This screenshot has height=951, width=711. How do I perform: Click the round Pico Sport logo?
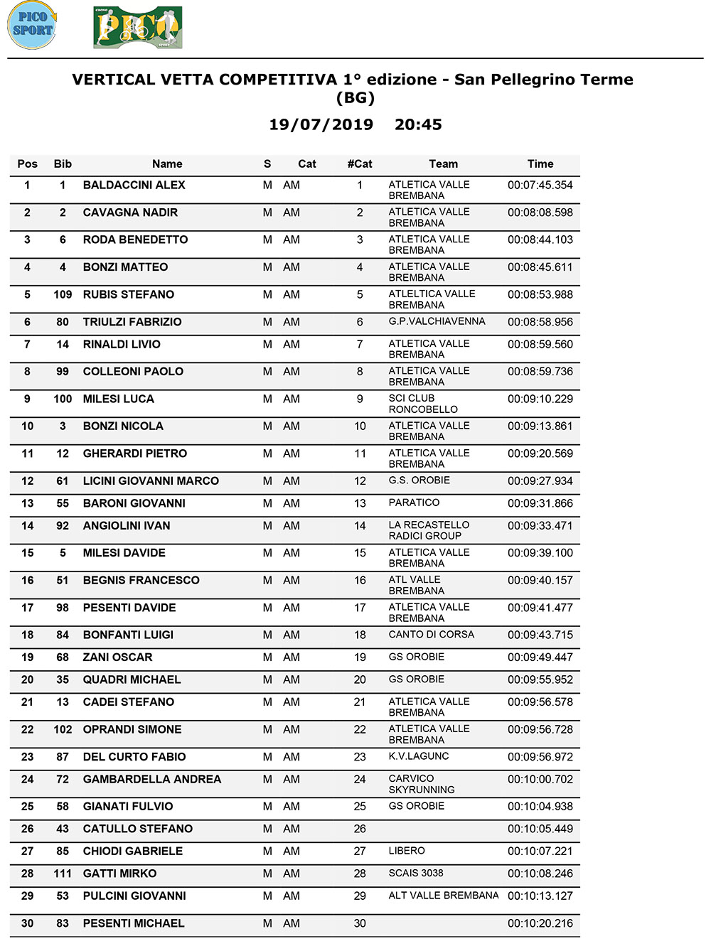[32, 26]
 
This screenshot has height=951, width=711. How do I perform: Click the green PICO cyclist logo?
[138, 28]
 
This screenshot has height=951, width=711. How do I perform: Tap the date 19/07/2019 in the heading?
[321, 124]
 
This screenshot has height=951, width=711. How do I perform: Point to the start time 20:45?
[418, 124]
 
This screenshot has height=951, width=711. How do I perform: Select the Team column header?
[443, 164]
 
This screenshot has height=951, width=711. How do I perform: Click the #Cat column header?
[360, 164]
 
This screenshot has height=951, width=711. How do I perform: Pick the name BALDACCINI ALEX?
[134, 185]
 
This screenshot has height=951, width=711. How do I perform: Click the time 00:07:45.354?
[540, 185]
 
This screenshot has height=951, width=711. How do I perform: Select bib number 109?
[63, 294]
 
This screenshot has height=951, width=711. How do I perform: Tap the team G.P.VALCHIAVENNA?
[437, 321]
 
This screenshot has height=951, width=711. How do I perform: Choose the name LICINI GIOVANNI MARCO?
[151, 481]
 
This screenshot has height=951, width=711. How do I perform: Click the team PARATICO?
[414, 503]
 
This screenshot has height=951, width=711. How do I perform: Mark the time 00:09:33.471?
[540, 526]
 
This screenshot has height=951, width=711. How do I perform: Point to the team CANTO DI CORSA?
[431, 634]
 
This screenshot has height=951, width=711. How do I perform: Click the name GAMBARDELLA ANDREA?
[151, 780]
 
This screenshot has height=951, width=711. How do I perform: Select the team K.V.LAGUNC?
[418, 756]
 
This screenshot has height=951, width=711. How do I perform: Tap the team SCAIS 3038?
[415, 873]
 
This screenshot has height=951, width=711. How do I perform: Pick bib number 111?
[63, 874]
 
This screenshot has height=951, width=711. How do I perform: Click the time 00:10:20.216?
[540, 923]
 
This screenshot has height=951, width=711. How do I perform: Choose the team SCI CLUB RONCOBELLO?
[423, 404]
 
